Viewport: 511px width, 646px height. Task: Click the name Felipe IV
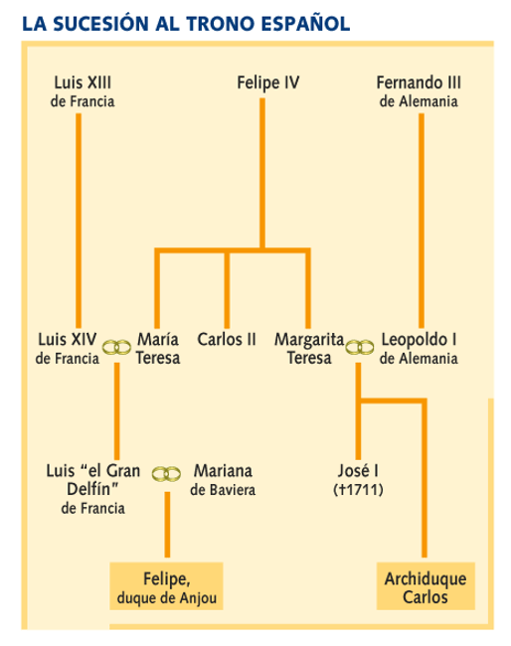tap(267, 82)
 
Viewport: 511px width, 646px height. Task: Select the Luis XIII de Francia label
tap(83, 91)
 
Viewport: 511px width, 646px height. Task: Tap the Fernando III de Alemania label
tap(419, 91)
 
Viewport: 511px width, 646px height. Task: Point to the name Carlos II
tap(227, 340)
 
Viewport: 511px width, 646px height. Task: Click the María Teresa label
tap(158, 349)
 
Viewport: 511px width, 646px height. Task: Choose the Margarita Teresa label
tap(309, 349)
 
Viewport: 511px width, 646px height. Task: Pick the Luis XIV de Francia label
tap(68, 349)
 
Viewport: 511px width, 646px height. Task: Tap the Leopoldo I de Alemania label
tap(419, 349)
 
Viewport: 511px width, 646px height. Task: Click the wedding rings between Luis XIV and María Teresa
tap(116, 348)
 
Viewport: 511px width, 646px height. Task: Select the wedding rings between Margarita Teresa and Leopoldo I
tap(360, 348)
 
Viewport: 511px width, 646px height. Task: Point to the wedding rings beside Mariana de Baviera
tap(166, 474)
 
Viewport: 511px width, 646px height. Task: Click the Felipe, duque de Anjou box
tap(166, 586)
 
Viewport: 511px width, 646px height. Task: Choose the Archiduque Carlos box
tap(426, 586)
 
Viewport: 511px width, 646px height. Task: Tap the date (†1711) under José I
tap(358, 490)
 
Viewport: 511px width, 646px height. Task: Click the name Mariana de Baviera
tap(223, 480)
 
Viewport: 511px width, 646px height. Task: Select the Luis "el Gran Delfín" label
tap(93, 489)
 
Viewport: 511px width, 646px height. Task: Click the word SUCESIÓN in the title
tap(100, 24)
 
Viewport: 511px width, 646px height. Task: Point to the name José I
tap(358, 471)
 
